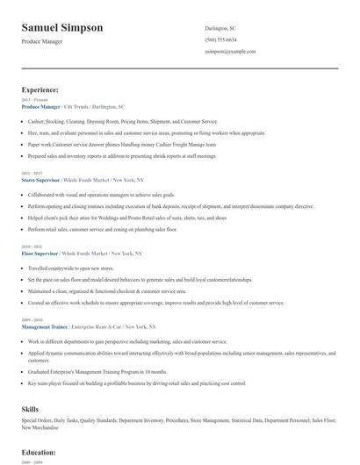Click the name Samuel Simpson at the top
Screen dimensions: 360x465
click(x=61, y=27)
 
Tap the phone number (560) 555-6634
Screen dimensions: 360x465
click(x=220, y=39)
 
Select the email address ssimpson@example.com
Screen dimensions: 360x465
click(x=230, y=52)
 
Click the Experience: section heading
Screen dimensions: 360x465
click(x=40, y=89)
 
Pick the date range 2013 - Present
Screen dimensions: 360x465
click(x=36, y=101)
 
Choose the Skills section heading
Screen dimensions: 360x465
click(x=31, y=409)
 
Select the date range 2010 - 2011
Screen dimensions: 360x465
click(x=32, y=247)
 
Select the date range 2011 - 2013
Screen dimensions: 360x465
click(x=32, y=173)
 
